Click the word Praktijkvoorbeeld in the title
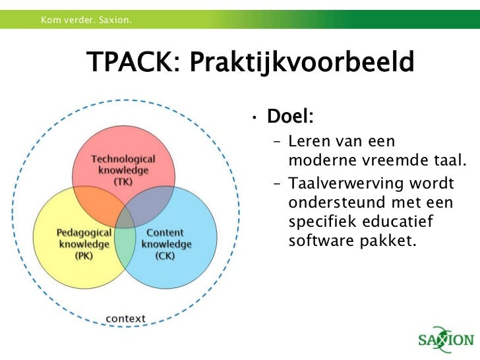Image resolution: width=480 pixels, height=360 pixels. click(x=301, y=64)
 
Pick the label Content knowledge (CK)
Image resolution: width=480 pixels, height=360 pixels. click(x=165, y=244)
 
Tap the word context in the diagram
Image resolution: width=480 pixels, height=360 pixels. click(x=125, y=318)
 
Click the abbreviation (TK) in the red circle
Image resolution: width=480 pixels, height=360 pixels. click(x=123, y=181)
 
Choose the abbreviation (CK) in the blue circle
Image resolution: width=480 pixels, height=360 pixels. click(x=165, y=255)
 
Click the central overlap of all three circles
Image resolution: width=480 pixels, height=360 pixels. click(x=124, y=219)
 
